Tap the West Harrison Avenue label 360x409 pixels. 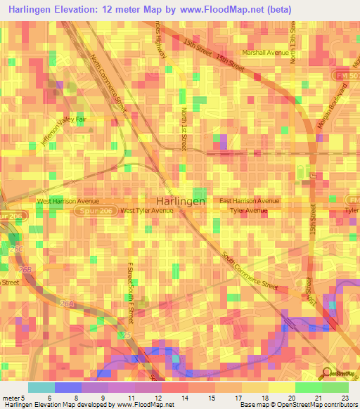(68, 201)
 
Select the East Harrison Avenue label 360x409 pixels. (249, 201)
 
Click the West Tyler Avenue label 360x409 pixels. (147, 210)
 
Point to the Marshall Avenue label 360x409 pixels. (266, 53)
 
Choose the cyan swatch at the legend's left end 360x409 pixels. (41, 387)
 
